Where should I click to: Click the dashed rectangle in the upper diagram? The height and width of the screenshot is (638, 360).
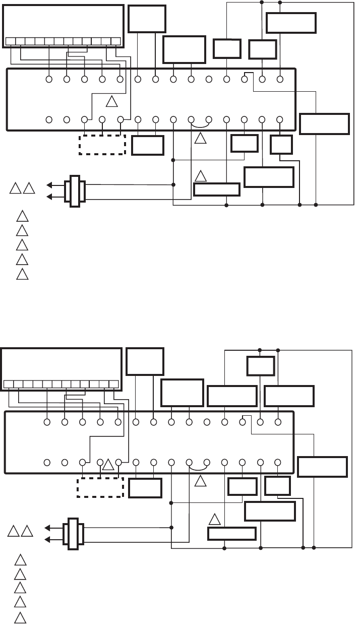point(102,145)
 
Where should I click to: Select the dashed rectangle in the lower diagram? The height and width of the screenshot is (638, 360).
point(100,487)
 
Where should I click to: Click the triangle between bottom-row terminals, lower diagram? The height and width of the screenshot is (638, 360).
point(108,464)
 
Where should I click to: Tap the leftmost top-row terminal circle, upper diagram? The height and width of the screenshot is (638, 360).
point(49,79)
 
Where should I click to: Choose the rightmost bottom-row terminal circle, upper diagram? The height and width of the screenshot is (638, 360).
point(280,119)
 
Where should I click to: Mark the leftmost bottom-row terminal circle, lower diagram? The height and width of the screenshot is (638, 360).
point(47,462)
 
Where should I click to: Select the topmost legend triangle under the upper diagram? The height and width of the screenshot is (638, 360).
point(22,218)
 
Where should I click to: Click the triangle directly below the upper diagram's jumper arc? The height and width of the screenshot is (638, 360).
point(200,138)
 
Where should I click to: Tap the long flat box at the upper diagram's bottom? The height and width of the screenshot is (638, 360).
point(217,189)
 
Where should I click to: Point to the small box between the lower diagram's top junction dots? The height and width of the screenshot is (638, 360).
point(260,365)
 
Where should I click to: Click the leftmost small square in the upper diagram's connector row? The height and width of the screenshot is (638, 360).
point(10,41)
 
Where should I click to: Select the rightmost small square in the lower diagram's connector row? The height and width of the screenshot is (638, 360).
point(113,384)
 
